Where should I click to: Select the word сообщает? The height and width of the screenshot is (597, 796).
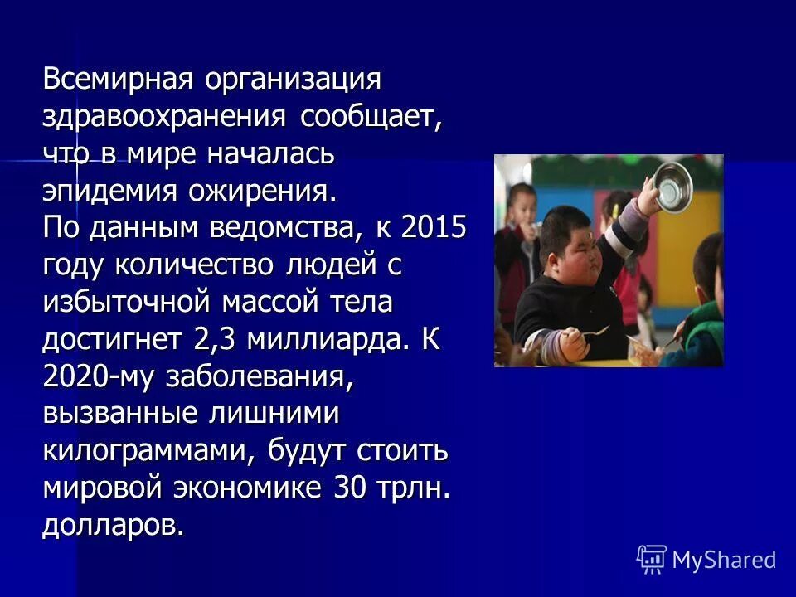tap(370, 119)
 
